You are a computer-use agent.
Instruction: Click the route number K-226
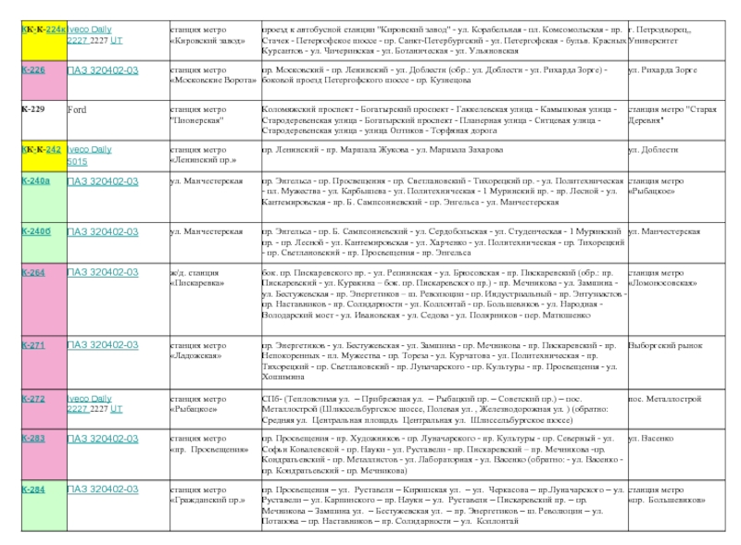(x=33, y=70)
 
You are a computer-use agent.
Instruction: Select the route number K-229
(x=33, y=109)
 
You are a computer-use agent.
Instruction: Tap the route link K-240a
(x=35, y=181)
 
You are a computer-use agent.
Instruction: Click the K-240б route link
(x=35, y=231)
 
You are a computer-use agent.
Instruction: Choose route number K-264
(x=33, y=273)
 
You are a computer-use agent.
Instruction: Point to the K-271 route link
(x=33, y=345)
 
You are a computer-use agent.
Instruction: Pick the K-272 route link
(x=33, y=399)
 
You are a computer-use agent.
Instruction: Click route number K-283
(x=33, y=439)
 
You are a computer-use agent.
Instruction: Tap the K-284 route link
(x=33, y=489)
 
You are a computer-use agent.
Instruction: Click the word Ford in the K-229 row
(x=77, y=109)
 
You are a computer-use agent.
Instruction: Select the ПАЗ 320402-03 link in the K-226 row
(x=103, y=70)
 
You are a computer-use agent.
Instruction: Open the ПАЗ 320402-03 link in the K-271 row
(x=103, y=345)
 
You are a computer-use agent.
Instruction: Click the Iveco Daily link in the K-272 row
(x=89, y=399)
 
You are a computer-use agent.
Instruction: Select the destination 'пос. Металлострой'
(x=664, y=399)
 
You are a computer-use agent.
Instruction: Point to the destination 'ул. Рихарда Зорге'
(x=662, y=70)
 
